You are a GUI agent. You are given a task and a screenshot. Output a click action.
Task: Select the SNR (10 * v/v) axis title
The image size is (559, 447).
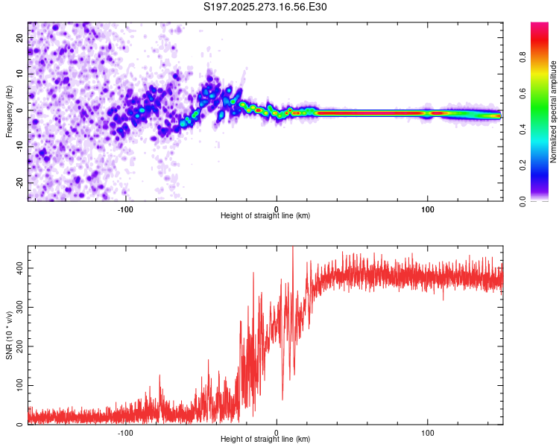point(9,335)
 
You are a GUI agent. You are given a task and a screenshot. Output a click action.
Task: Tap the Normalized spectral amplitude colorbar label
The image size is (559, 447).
point(554,112)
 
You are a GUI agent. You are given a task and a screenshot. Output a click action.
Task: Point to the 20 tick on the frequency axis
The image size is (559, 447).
point(21,37)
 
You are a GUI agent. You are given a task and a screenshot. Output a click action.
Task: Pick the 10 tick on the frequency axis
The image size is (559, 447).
point(21,74)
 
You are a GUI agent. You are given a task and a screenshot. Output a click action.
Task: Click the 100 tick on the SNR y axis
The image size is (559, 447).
point(19,385)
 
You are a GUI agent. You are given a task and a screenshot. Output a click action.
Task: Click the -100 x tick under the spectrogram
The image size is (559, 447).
point(125,209)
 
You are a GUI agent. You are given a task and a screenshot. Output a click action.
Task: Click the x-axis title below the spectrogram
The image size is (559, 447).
point(265,216)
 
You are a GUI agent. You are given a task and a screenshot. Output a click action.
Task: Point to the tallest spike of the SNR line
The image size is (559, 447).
point(292,248)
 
